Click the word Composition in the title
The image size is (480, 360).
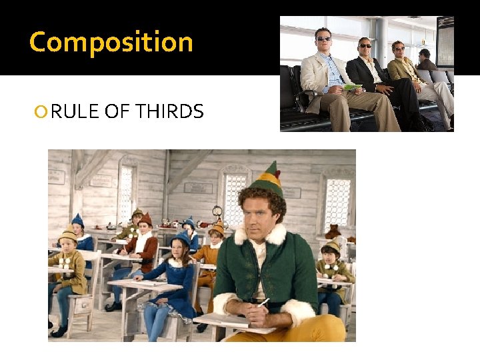click(111, 42)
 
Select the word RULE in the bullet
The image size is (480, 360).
click(75, 112)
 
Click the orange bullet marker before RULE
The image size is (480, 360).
click(43, 113)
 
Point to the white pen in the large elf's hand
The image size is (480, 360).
click(264, 303)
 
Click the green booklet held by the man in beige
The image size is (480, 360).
click(353, 87)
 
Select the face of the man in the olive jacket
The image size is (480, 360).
click(399, 49)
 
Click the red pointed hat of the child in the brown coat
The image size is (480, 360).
click(145, 219)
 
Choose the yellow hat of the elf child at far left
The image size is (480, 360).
click(67, 234)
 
